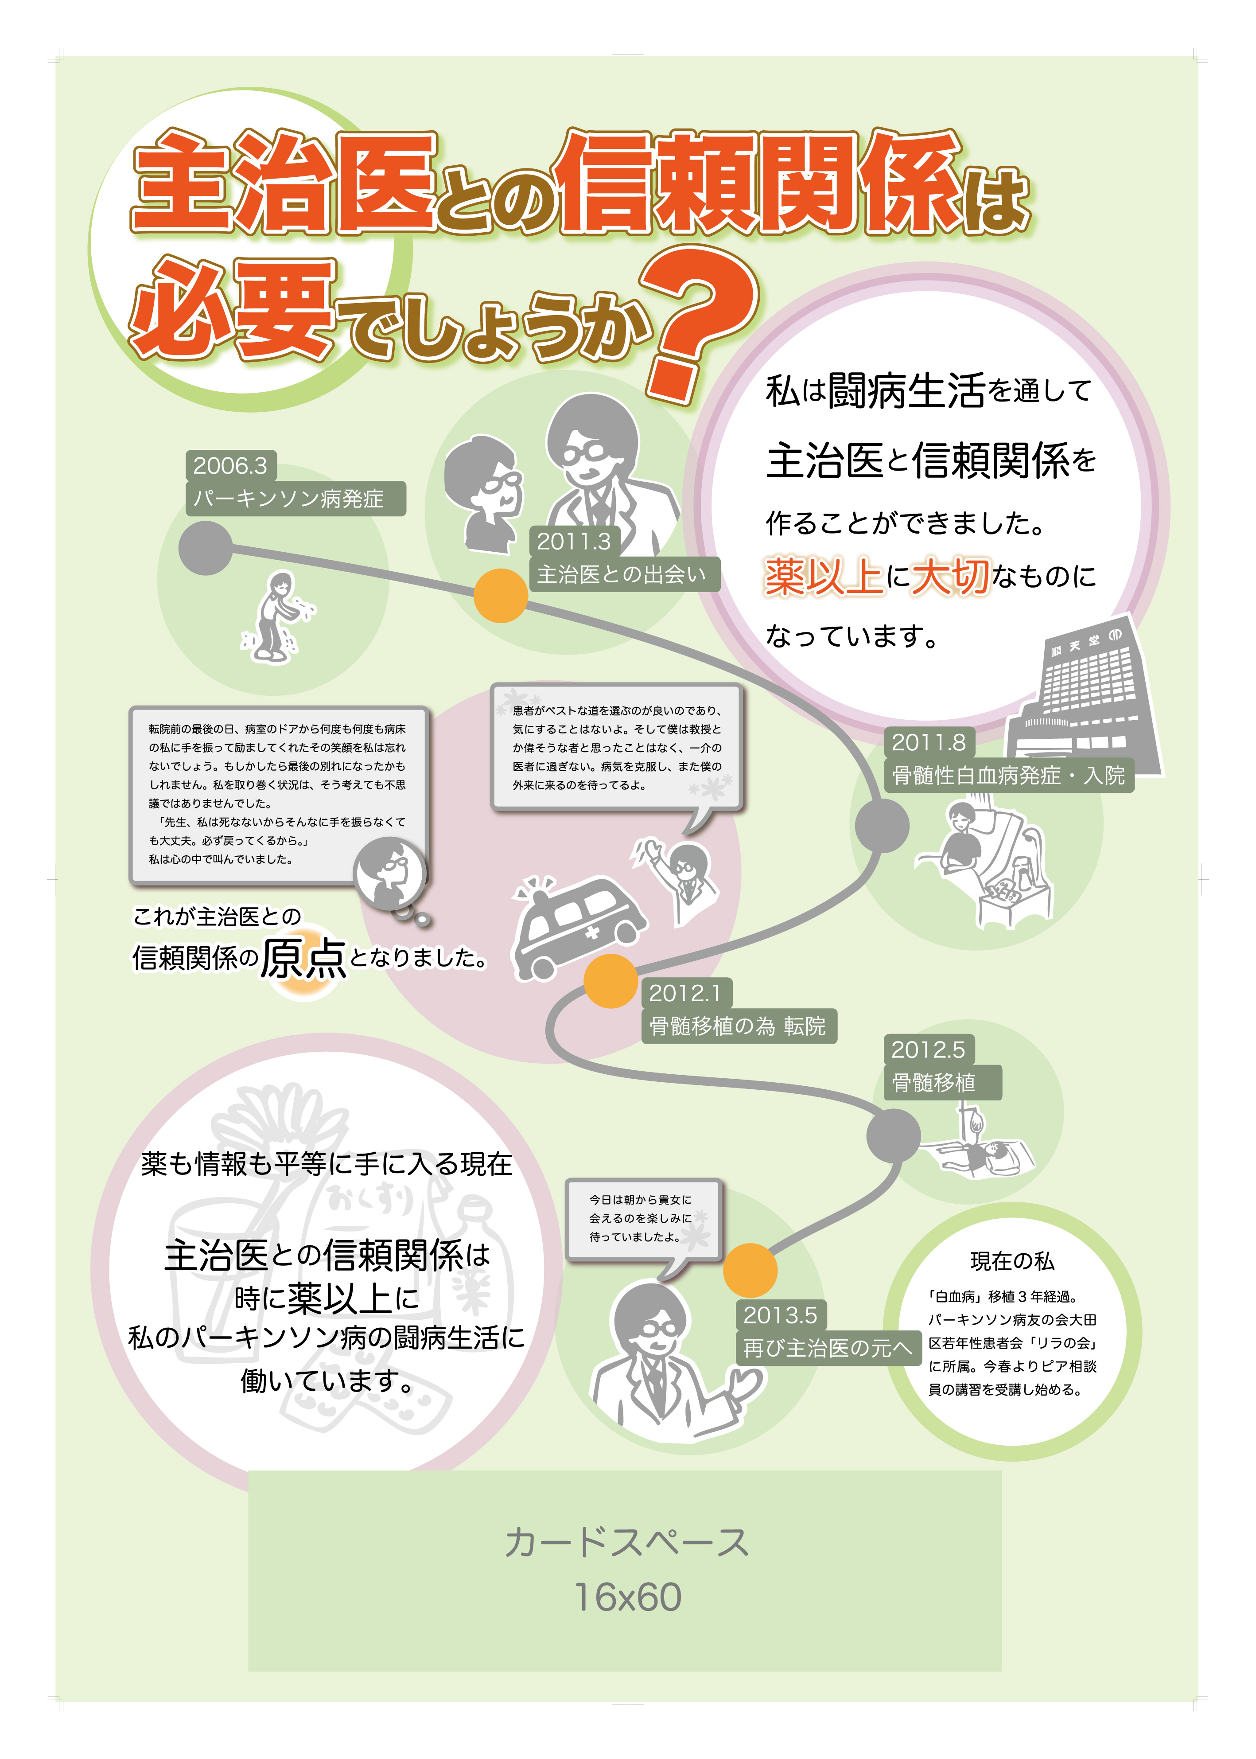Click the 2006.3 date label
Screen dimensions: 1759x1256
pyautogui.click(x=230, y=466)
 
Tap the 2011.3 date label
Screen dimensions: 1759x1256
pyautogui.click(x=573, y=542)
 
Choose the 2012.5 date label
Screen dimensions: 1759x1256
pyautogui.click(x=928, y=1049)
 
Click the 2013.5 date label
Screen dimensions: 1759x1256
pyautogui.click(x=780, y=1315)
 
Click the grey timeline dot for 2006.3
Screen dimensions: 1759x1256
pyautogui.click(x=206, y=548)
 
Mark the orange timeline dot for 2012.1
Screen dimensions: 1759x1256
pyautogui.click(x=610, y=981)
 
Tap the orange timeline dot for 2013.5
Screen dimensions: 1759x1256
pyautogui.click(x=750, y=1270)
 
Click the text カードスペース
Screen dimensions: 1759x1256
pyautogui.click(x=626, y=1542)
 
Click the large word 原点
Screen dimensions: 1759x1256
pyautogui.click(x=303, y=959)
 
